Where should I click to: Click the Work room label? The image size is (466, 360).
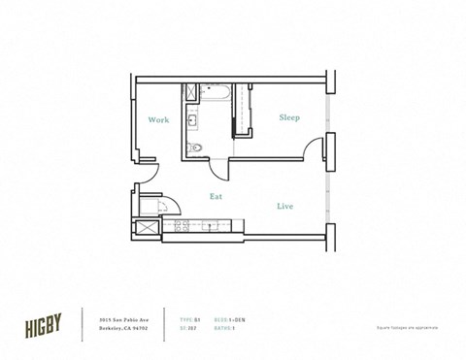tap(159, 120)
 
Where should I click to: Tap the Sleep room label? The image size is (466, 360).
tap(289, 117)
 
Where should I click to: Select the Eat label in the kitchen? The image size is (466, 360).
tap(216, 195)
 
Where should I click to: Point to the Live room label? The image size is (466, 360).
tap(285, 207)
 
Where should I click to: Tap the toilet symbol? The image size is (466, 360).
tap(197, 147)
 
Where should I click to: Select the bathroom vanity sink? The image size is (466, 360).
tap(192, 121)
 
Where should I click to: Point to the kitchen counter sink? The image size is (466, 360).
tap(211, 228)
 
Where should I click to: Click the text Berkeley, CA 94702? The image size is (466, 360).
tap(123, 328)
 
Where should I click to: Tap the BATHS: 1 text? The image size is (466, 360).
tap(226, 328)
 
